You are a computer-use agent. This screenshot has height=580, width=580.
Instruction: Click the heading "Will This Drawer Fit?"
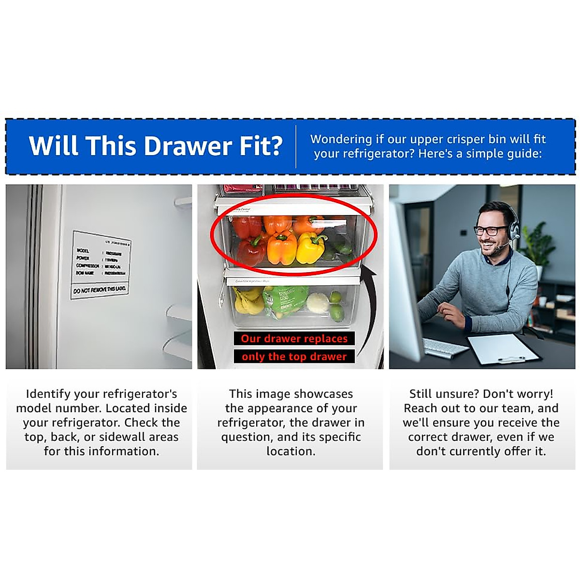[156, 145]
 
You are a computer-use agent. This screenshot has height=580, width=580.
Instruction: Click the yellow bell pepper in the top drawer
[310, 247]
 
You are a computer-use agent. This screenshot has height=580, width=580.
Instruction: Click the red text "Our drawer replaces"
[294, 338]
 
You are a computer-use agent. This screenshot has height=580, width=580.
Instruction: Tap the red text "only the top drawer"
[294, 357]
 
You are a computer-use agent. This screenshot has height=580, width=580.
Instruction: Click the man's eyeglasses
[490, 230]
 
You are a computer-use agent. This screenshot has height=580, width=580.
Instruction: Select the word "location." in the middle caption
[290, 451]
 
